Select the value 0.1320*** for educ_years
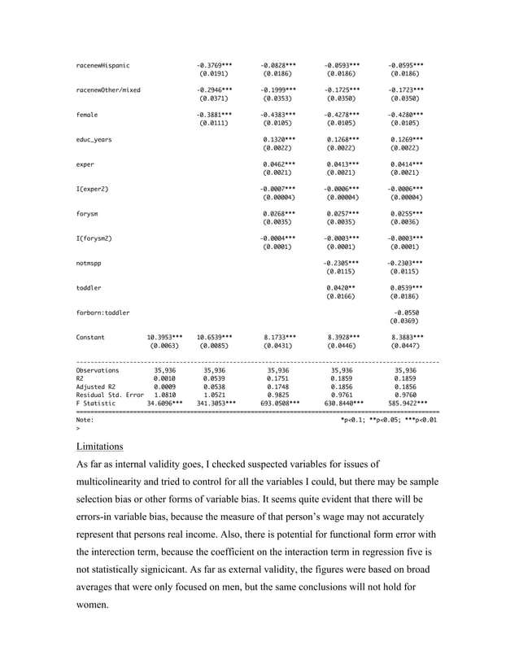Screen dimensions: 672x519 pyautogui.click(x=277, y=139)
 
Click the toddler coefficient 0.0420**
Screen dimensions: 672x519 pyautogui.click(x=341, y=288)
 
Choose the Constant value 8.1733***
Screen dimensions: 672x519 pyautogui.click(x=277, y=337)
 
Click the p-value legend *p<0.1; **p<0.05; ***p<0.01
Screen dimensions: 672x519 pyautogui.click(x=389, y=420)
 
